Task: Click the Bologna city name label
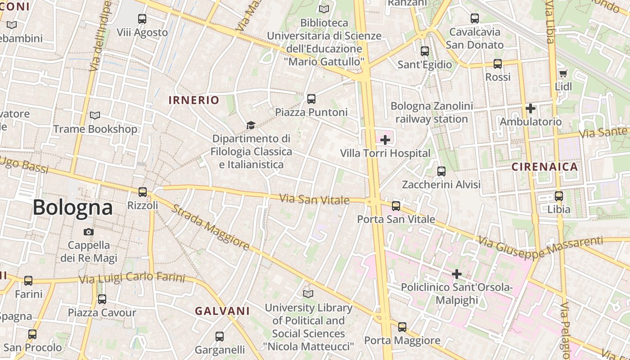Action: click(x=72, y=207)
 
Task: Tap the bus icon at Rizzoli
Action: click(x=143, y=192)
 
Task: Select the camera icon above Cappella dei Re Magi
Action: click(x=89, y=232)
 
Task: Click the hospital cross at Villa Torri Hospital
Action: click(x=385, y=140)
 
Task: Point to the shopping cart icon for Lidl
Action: click(x=563, y=73)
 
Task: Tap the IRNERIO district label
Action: click(x=194, y=100)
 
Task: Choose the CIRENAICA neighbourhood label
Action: click(x=544, y=167)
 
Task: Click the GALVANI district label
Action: click(x=222, y=311)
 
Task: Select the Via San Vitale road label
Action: click(x=315, y=199)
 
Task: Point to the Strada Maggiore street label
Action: click(x=211, y=228)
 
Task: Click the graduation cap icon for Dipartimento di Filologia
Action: click(x=251, y=125)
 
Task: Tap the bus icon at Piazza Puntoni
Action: click(x=311, y=99)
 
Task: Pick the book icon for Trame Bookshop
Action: click(x=95, y=116)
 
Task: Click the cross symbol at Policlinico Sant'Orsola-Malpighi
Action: click(x=457, y=274)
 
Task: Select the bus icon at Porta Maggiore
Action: click(x=402, y=327)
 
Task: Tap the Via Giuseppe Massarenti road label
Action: click(x=540, y=249)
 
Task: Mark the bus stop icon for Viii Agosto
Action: click(x=142, y=19)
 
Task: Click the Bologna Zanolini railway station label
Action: click(x=432, y=112)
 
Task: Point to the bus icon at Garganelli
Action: click(x=220, y=336)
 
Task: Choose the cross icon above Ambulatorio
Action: click(x=531, y=108)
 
